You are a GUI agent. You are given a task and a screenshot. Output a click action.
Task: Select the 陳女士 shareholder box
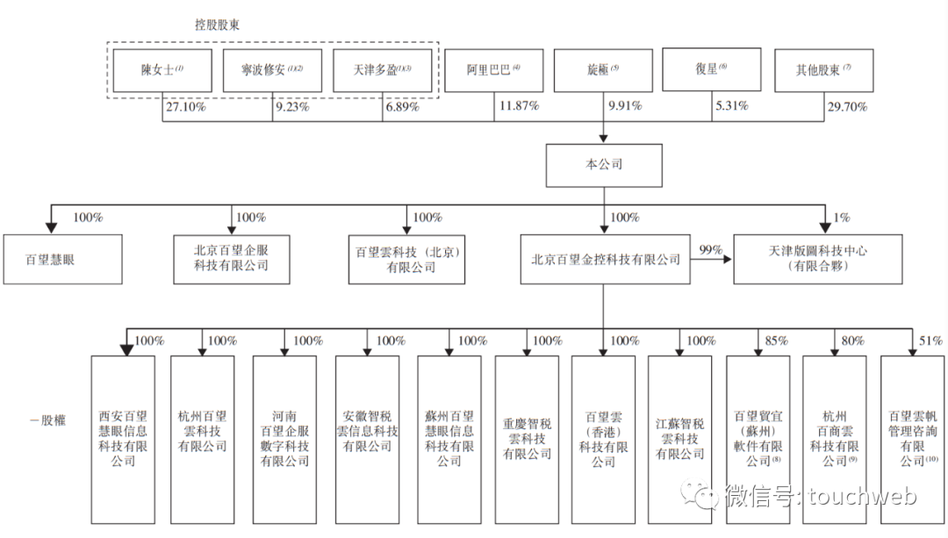coord(162,70)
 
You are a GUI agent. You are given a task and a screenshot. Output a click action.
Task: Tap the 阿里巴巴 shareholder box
coord(492,70)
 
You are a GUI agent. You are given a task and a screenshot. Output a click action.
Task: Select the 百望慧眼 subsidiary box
coord(62,260)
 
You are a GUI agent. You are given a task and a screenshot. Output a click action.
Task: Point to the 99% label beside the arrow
coord(708,250)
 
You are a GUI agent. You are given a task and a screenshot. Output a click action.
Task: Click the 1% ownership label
coord(841,217)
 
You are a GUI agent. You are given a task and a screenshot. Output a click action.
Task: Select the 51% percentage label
coord(930,341)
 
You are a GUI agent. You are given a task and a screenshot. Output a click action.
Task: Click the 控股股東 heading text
coord(218,25)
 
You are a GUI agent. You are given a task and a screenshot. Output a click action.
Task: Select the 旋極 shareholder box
coord(603,70)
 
